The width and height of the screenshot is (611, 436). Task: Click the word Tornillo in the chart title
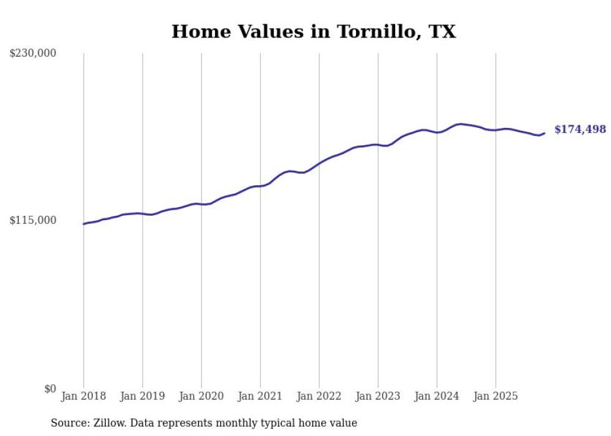(373, 32)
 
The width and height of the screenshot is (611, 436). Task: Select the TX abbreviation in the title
(441, 32)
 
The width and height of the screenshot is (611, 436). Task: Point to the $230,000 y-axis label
(33, 54)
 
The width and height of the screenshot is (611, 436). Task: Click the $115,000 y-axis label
(33, 220)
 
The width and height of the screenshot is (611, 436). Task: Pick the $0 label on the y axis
(50, 389)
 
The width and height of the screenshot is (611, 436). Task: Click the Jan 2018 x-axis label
(84, 396)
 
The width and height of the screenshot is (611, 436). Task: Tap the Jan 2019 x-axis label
(143, 396)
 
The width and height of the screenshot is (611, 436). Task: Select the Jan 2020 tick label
(201, 396)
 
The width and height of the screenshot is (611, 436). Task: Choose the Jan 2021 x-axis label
(260, 396)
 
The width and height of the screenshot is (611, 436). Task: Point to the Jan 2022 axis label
(319, 396)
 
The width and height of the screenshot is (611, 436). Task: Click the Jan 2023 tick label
(378, 396)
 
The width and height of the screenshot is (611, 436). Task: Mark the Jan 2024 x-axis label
(436, 396)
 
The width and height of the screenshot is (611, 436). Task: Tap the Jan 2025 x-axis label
(496, 396)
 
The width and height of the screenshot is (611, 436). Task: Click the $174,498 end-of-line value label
(580, 130)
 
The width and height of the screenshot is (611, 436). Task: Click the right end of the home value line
(544, 133)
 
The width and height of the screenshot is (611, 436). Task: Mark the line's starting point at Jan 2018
(84, 224)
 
